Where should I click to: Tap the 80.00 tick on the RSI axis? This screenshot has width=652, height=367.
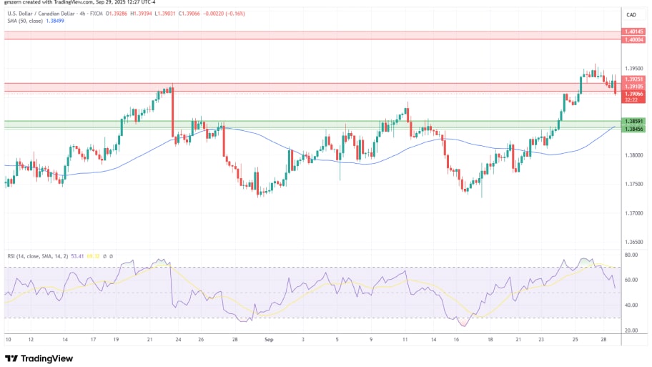point(632,255)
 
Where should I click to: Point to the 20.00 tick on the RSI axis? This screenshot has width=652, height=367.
point(632,331)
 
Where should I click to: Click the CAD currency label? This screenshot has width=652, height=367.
point(631,14)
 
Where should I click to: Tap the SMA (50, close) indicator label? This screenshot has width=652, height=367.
point(25,22)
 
